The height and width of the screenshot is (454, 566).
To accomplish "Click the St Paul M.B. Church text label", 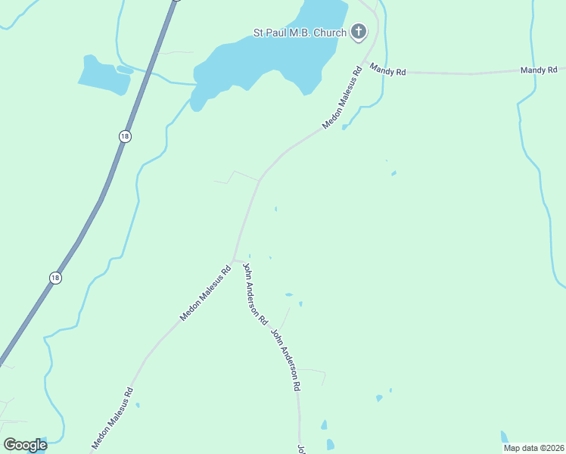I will point(300,33).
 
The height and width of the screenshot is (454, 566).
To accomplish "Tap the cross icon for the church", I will point(359,32).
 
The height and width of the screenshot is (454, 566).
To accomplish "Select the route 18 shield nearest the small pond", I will point(125,135).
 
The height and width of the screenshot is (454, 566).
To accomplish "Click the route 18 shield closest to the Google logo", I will point(55,278).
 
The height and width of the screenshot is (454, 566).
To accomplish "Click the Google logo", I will point(25,445).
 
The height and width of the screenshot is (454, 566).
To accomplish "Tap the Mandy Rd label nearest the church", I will point(388,71).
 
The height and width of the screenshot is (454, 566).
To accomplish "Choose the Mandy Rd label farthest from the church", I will point(538,70).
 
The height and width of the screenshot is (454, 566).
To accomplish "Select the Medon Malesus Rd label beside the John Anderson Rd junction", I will point(205,293).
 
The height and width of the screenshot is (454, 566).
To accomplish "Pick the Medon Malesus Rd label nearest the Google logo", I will point(113,419).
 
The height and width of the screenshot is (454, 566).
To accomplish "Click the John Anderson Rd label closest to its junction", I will point(255,294).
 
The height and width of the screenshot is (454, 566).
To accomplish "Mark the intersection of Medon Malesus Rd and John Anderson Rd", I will point(233,260).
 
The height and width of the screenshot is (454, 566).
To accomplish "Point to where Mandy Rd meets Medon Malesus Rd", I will point(365,62).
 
